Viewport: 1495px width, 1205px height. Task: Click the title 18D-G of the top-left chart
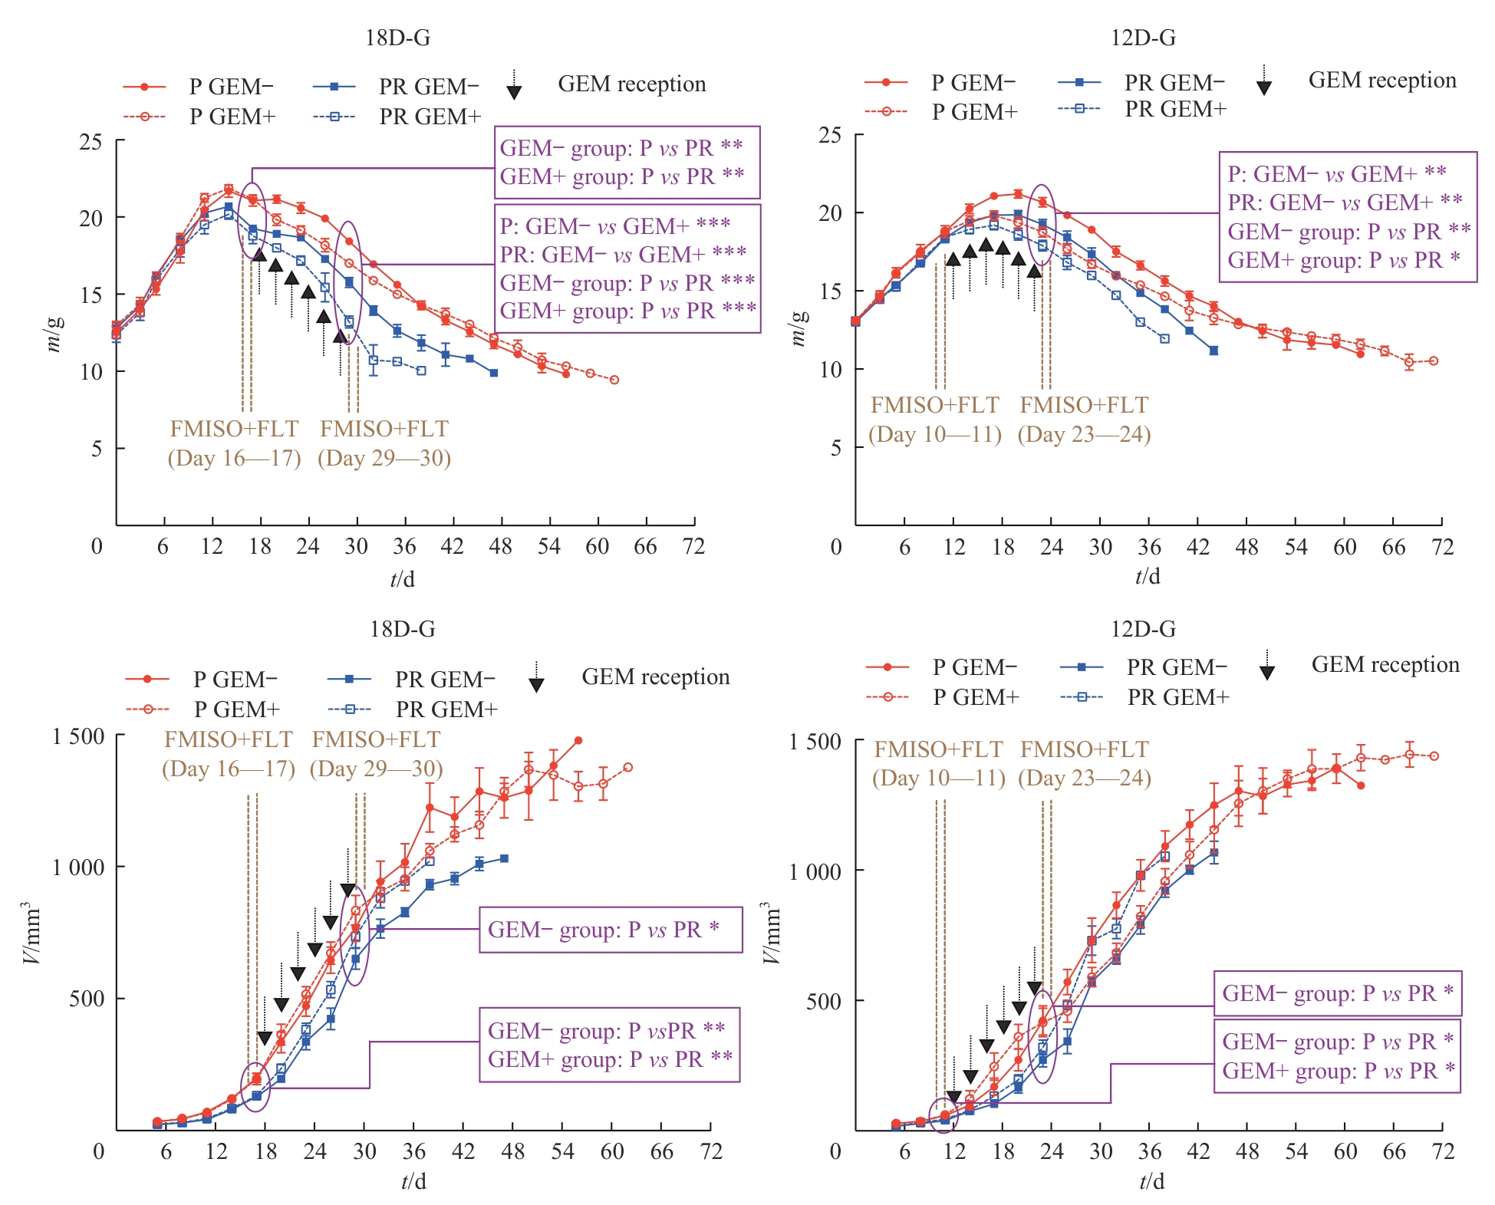397,38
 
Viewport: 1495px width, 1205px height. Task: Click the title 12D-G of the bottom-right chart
1143,629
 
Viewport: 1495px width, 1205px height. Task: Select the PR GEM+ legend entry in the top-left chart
430,117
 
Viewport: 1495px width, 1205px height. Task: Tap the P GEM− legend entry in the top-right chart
973,82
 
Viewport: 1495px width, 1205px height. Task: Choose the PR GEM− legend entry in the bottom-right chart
1176,667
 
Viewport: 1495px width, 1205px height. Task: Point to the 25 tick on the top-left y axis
91,142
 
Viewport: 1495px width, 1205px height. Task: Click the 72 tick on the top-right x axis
1442,547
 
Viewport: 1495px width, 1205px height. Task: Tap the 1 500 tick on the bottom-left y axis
78,736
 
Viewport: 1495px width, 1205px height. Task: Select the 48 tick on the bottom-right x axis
1246,1151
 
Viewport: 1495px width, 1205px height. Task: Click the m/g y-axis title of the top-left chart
54,332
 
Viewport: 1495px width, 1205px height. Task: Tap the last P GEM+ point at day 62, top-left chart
614,380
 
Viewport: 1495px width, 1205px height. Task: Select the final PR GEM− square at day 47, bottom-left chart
504,858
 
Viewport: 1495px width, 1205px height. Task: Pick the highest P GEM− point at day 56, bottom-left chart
578,740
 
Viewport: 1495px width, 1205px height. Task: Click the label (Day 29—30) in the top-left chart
384,459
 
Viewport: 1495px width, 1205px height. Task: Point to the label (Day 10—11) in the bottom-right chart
938,779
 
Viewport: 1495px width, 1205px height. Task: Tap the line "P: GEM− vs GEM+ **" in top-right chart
1336,174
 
